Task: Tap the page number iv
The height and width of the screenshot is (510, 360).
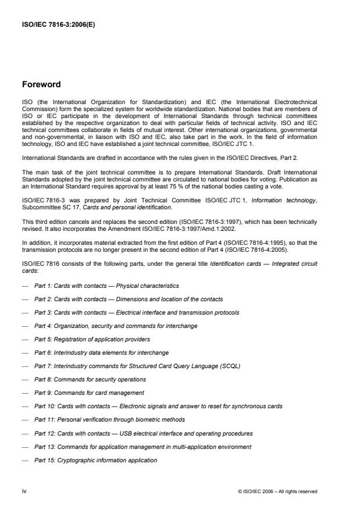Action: coord(24,491)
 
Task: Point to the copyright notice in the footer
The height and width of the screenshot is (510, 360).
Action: coord(277,491)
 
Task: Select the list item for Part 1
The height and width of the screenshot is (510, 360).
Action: coord(106,286)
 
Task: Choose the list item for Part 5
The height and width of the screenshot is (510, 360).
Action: coord(92,339)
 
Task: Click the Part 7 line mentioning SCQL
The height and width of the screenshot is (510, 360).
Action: coord(137,366)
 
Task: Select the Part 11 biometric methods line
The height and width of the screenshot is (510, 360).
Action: coord(109,419)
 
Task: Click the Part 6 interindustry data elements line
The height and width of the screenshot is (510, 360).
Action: coord(101,352)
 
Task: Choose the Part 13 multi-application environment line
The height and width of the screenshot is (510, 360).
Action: coord(142,447)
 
